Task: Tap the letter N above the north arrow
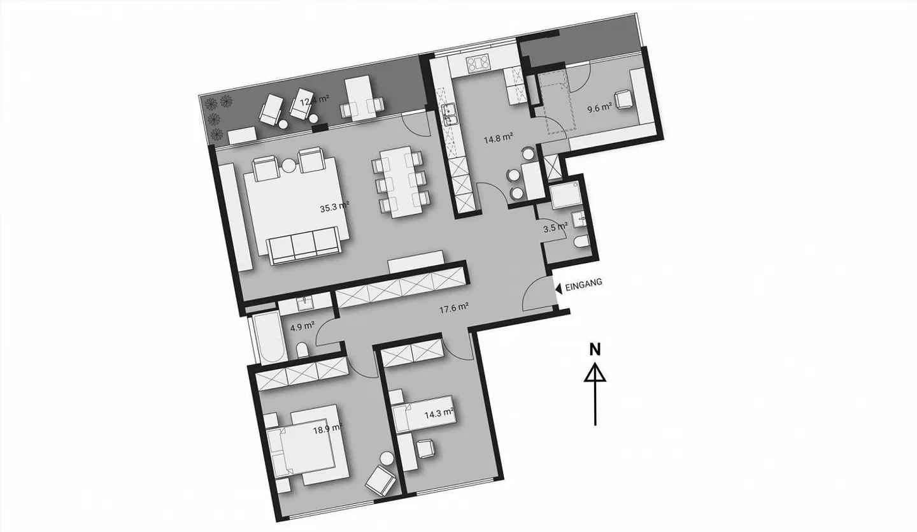tap(595, 349)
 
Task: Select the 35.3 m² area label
tap(334, 207)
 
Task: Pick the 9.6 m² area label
tap(599, 108)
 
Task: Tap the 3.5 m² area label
tap(555, 226)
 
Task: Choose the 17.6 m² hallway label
tap(454, 309)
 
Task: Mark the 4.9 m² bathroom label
tap(302, 326)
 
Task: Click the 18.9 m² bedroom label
tap(327, 429)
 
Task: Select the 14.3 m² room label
tap(439, 413)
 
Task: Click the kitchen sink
tap(450, 114)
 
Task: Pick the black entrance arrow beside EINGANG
tap(558, 288)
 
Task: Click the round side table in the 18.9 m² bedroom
tap(387, 457)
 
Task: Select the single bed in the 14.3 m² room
tap(424, 412)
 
